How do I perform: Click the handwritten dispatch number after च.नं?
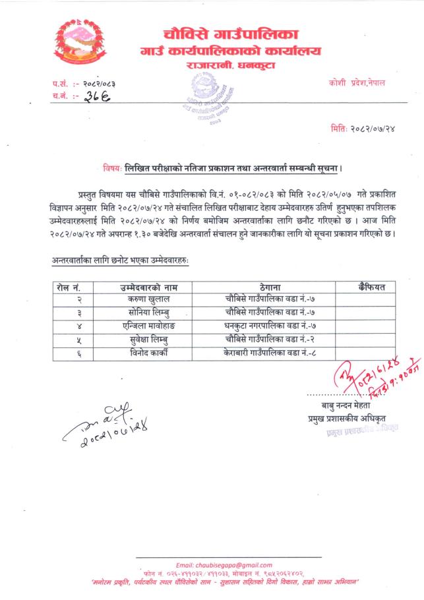click(100, 97)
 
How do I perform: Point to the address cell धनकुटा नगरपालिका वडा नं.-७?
click(262, 325)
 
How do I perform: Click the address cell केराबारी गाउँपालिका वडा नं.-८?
click(262, 352)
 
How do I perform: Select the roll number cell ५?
click(69, 339)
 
